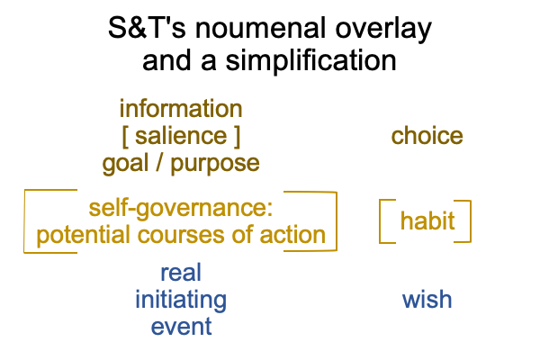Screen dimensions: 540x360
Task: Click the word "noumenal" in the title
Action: click(260, 28)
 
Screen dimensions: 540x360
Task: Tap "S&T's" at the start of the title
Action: click(147, 28)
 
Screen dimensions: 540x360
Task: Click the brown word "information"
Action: click(181, 109)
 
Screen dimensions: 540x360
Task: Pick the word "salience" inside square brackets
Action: click(181, 136)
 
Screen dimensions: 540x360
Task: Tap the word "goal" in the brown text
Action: click(125, 164)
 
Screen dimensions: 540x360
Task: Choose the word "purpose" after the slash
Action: click(215, 165)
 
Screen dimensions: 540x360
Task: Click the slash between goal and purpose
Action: click(159, 163)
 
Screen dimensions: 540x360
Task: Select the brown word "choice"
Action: click(427, 136)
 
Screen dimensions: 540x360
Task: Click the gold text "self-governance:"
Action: click(181, 209)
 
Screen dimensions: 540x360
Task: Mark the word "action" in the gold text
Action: click(292, 235)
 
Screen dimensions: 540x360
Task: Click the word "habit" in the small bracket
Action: click(427, 220)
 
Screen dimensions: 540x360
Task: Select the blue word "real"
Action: click(181, 273)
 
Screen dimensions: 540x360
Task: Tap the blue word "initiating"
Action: click(181, 301)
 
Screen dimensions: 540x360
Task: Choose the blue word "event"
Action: click(181, 327)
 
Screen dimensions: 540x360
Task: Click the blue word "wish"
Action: click(427, 300)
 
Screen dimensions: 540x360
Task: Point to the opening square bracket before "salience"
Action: click(125, 137)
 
